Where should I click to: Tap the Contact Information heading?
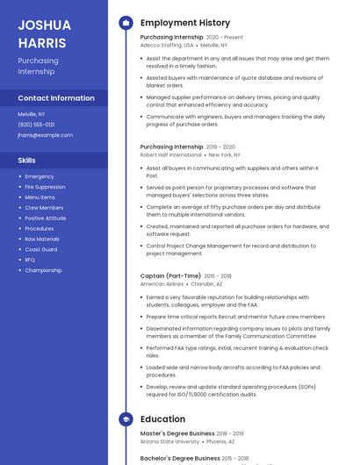tap(56, 98)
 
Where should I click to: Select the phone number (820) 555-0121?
tap(36, 125)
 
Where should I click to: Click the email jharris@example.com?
tap(45, 135)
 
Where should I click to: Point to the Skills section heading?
tap(27, 161)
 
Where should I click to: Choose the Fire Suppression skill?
tap(45, 187)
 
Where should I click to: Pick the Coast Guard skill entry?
tap(41, 249)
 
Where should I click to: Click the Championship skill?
tap(43, 270)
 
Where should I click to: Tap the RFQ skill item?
tap(30, 260)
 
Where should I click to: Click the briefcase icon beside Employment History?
tap(126, 23)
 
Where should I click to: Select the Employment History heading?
tap(185, 23)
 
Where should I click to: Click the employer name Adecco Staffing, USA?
tap(167, 44)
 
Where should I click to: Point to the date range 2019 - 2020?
tap(220, 147)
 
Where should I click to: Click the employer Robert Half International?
tap(170, 154)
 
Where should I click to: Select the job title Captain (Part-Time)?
tap(170, 275)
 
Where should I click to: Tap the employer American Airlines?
tap(162, 284)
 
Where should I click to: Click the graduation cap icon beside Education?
tap(126, 419)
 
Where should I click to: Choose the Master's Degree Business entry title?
tap(177, 433)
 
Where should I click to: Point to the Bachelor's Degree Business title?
tap(180, 458)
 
